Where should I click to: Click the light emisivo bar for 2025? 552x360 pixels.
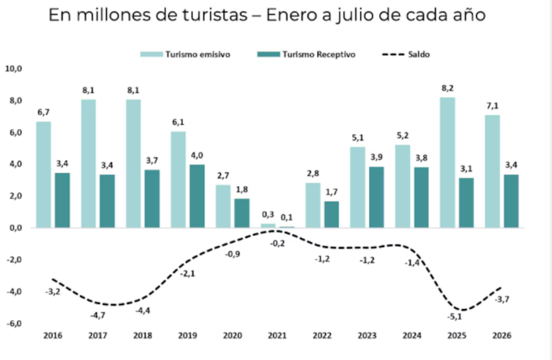click(447, 162)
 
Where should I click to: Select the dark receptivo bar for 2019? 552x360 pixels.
click(197, 196)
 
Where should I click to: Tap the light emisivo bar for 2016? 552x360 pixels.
click(43, 174)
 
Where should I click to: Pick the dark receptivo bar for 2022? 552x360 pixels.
click(332, 214)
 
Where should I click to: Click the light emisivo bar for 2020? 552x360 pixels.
click(223, 206)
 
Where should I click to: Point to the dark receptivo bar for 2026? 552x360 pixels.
click(511, 201)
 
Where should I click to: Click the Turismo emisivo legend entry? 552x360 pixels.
click(185, 54)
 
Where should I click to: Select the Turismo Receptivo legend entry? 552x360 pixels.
click(306, 54)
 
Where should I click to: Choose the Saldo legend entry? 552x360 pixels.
click(406, 54)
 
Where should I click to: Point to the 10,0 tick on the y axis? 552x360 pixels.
click(13, 69)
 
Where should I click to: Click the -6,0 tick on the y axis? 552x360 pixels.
click(14, 323)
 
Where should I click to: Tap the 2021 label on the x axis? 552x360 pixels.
click(277, 336)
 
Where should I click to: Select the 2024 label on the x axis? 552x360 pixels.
click(412, 336)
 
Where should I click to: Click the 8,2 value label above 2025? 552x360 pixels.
click(447, 88)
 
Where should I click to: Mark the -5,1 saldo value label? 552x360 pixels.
click(455, 317)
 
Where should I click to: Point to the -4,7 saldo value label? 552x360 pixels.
click(97, 316)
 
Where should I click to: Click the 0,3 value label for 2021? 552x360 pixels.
click(268, 214)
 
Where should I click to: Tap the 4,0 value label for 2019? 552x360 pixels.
click(197, 155)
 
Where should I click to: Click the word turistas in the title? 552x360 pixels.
click(215, 15)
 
